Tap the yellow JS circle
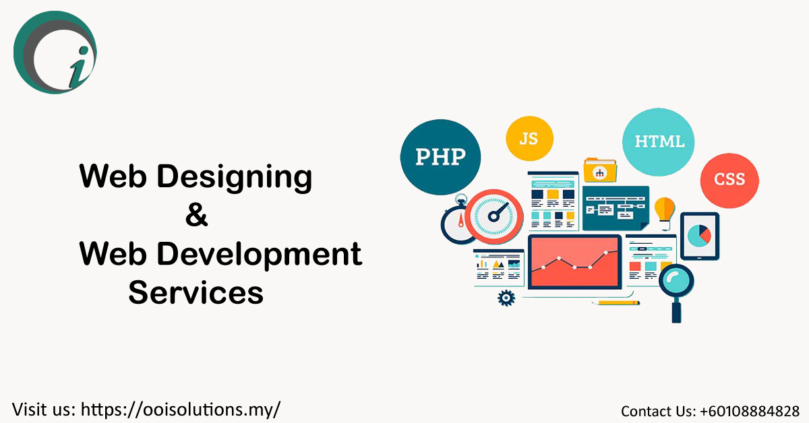pos(529,139)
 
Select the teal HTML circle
pos(659,141)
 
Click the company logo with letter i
pos(55,53)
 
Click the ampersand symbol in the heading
pos(196,217)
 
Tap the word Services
pos(196,293)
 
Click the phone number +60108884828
pos(750,410)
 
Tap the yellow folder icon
pos(600,170)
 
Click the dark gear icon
pos(506,297)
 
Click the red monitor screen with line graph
pos(574,263)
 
